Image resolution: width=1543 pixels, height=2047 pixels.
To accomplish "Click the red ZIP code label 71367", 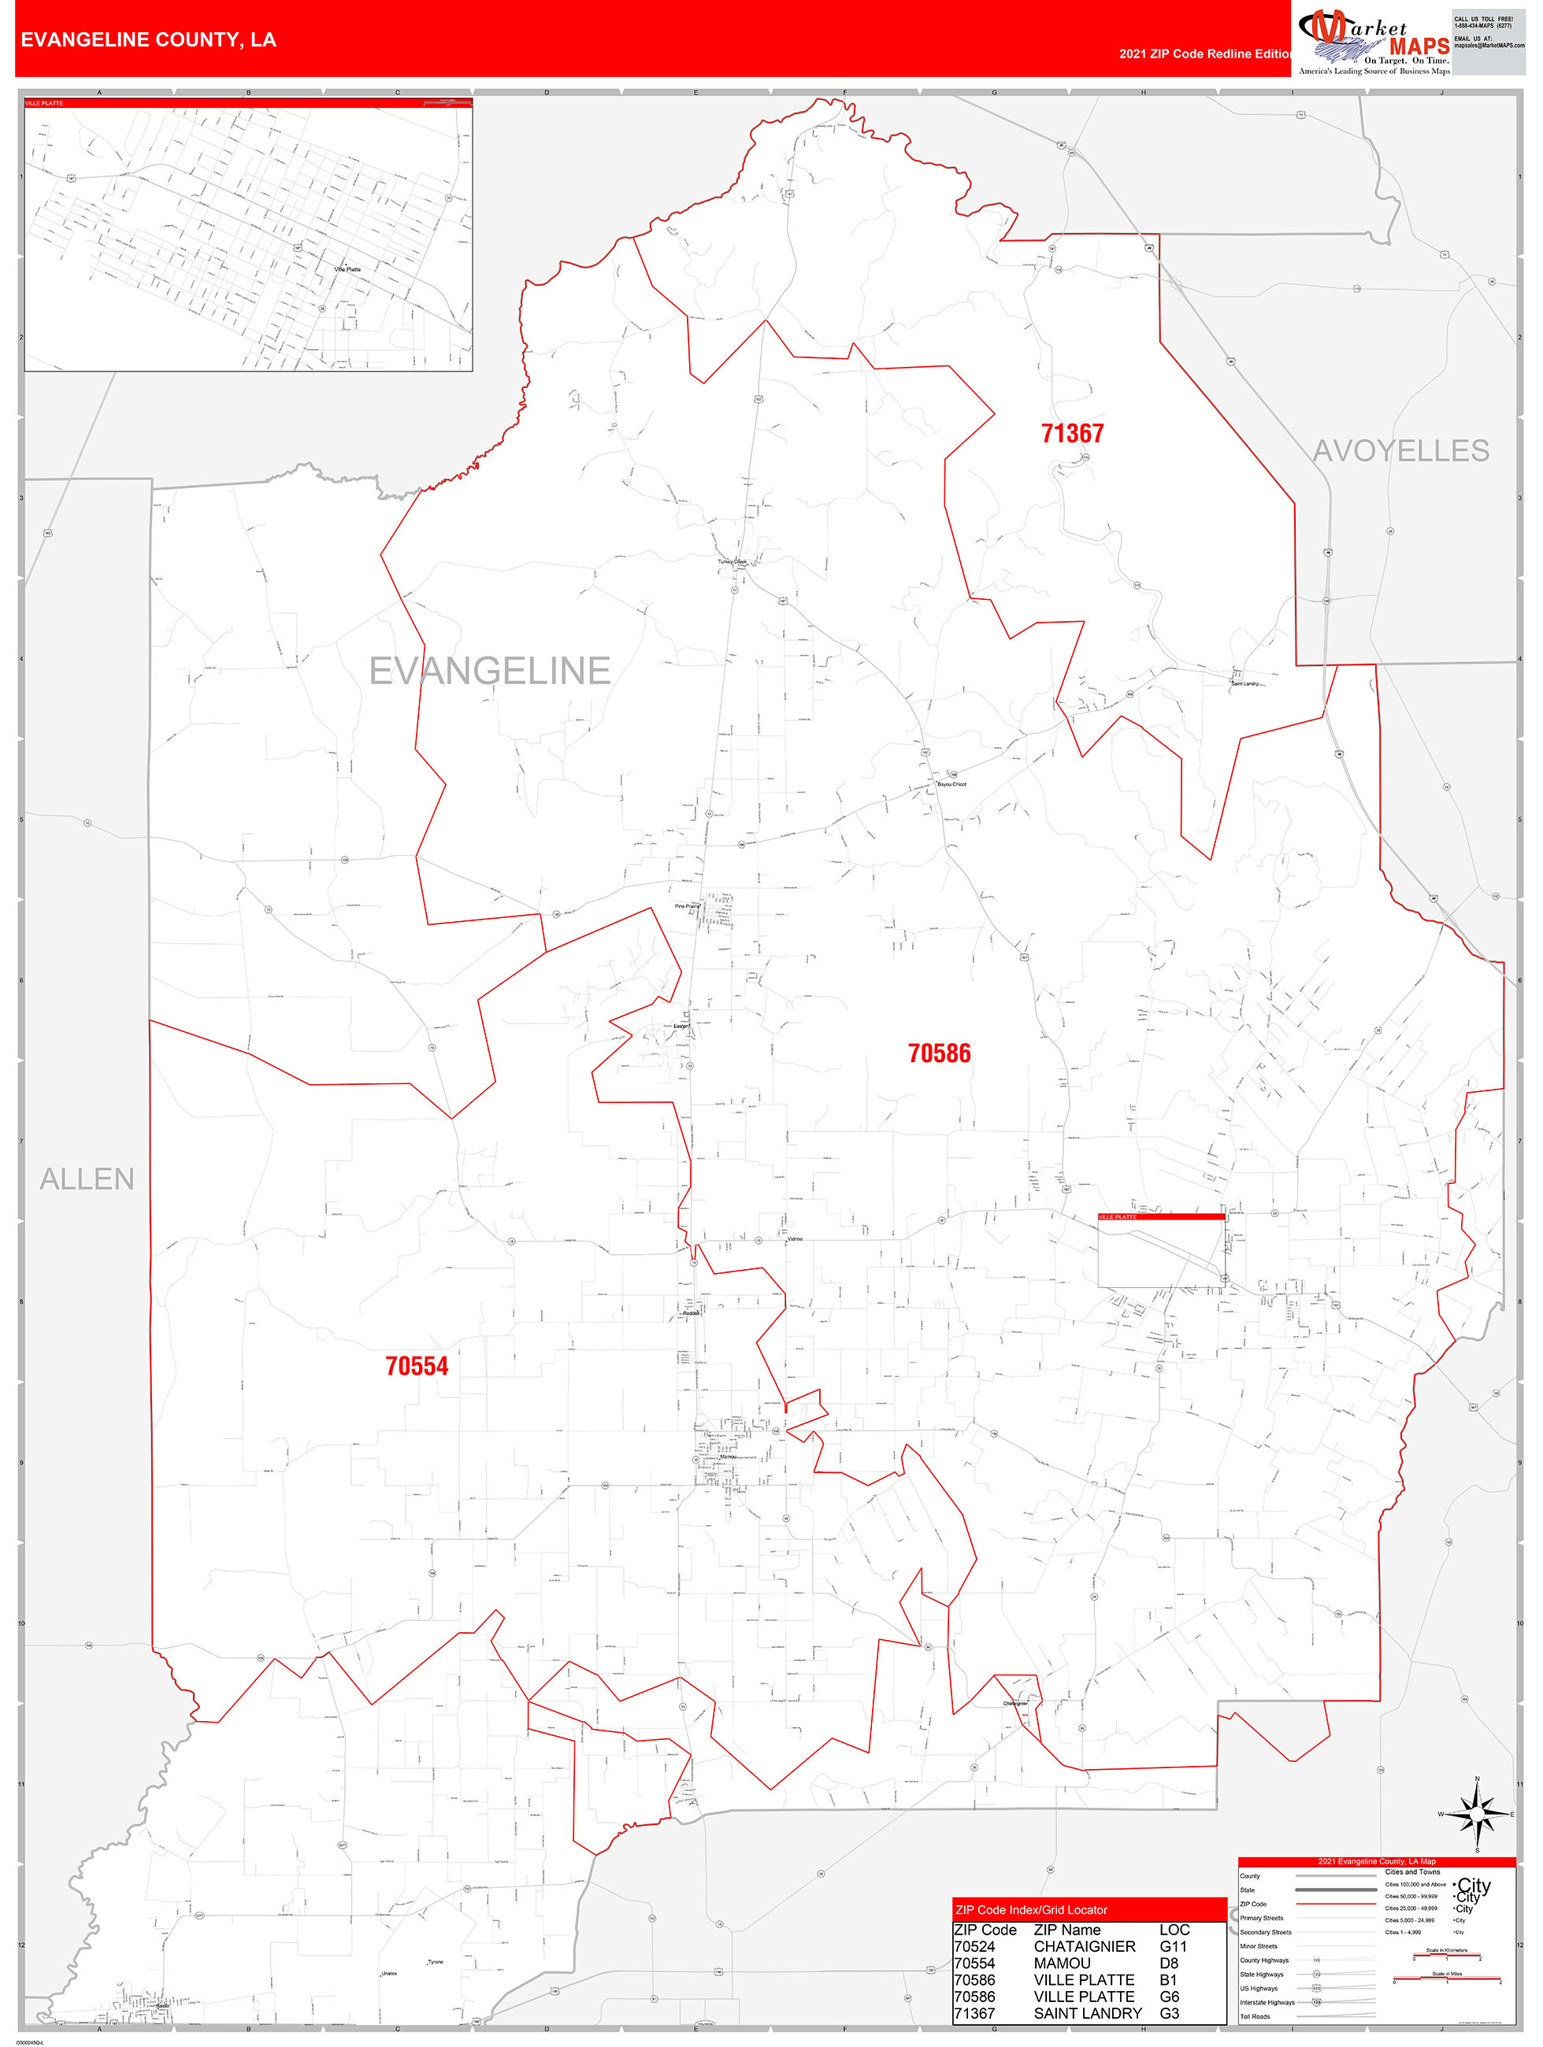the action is tap(1072, 433).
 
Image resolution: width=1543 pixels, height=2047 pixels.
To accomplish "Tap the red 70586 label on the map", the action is tap(939, 1053).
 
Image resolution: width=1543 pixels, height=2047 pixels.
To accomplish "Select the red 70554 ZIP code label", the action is tap(417, 1366).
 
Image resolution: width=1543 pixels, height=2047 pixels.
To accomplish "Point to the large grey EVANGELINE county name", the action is tap(490, 671).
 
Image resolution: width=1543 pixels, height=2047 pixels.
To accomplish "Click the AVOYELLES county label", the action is tap(1400, 450).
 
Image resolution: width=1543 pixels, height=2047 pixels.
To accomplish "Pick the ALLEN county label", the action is tap(87, 1179).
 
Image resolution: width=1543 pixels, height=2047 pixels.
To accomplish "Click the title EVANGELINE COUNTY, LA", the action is tap(148, 40).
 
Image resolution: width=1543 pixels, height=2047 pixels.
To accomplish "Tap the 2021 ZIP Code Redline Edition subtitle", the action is tap(1204, 54).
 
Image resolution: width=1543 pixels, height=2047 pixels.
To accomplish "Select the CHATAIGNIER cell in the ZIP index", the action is tap(1084, 1946).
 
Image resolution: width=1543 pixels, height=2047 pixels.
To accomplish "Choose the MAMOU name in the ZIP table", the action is tap(1062, 1963).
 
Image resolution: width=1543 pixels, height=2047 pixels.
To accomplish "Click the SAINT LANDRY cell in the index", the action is tap(1088, 2013).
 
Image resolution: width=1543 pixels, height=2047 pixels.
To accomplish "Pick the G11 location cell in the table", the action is tap(1173, 1946).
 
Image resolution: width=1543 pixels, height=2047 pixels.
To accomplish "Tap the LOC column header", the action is tap(1174, 1930).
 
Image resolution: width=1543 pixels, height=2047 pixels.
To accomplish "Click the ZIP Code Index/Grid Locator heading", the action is tap(1031, 1909).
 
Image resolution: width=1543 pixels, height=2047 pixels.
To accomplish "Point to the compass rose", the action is tap(1478, 1814).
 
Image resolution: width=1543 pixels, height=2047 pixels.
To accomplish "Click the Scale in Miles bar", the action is tap(1447, 1978).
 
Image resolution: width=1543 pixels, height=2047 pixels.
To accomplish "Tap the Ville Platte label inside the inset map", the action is tap(347, 269).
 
